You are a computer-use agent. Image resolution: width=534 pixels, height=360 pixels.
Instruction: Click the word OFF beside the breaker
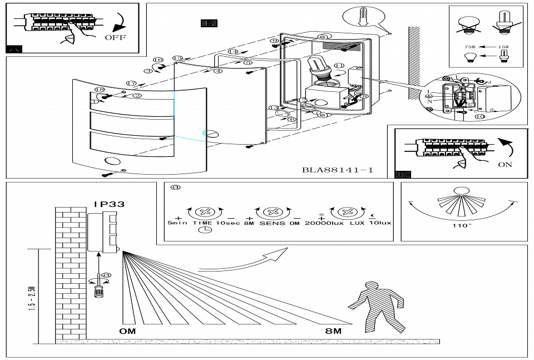115,38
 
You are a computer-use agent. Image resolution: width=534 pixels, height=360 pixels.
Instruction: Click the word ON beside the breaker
505,165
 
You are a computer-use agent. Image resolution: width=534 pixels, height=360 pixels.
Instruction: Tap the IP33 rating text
109,204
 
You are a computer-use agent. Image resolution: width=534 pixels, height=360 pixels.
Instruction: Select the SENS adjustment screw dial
273,213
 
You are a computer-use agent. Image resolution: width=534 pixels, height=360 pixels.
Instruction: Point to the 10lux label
379,223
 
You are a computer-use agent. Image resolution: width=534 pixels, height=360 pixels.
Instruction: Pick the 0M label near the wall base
127,331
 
